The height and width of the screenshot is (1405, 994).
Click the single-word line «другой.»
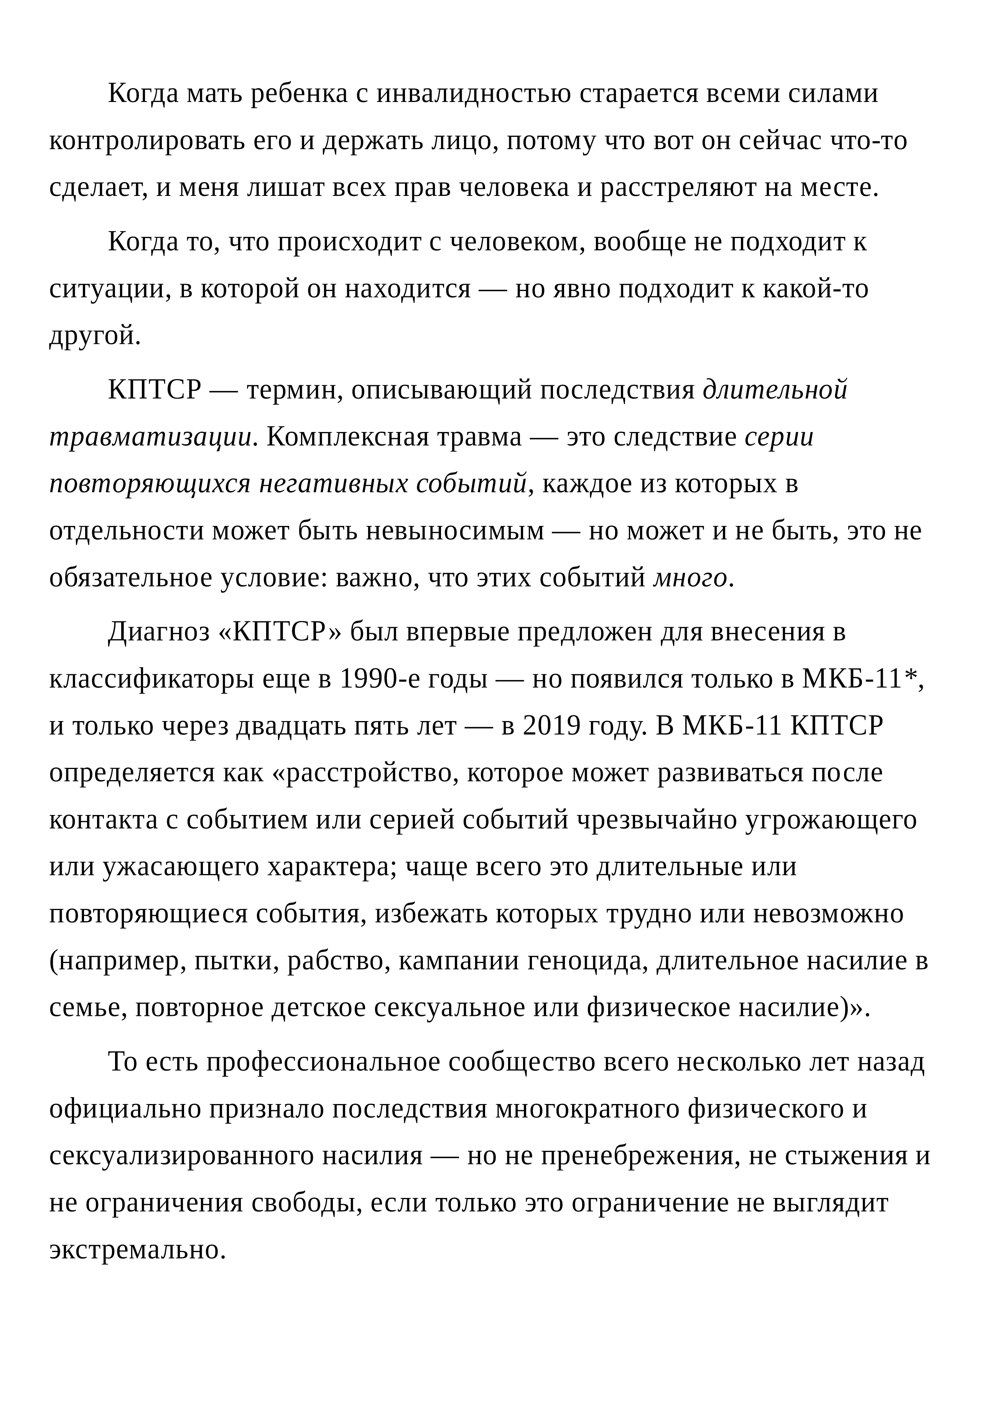(95, 336)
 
